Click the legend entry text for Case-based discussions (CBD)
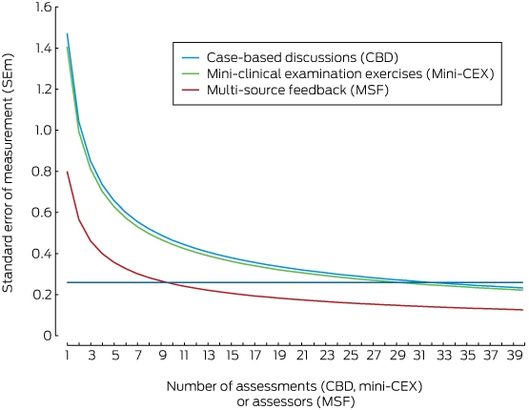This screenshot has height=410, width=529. click(302, 57)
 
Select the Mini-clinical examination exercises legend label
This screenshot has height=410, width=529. click(351, 73)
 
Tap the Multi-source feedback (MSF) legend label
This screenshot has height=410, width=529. click(297, 90)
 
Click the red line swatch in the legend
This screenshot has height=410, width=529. click(191, 90)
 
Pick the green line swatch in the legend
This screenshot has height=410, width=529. click(191, 74)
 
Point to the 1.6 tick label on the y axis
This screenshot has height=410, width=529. click(44, 8)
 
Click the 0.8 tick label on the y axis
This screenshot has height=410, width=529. click(42, 172)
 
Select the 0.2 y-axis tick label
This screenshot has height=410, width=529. click(42, 295)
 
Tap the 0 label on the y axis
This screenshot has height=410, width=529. click(48, 336)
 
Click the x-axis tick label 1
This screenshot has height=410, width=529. click(68, 356)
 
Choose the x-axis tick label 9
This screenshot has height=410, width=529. click(163, 356)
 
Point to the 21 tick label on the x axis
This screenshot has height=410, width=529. click(302, 356)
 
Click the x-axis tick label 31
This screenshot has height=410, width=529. click(419, 356)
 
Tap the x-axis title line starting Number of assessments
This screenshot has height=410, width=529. click(295, 386)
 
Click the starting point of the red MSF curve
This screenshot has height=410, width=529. click(68, 172)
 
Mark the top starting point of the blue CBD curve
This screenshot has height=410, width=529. click(68, 33)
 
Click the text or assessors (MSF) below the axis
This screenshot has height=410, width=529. click(295, 402)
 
